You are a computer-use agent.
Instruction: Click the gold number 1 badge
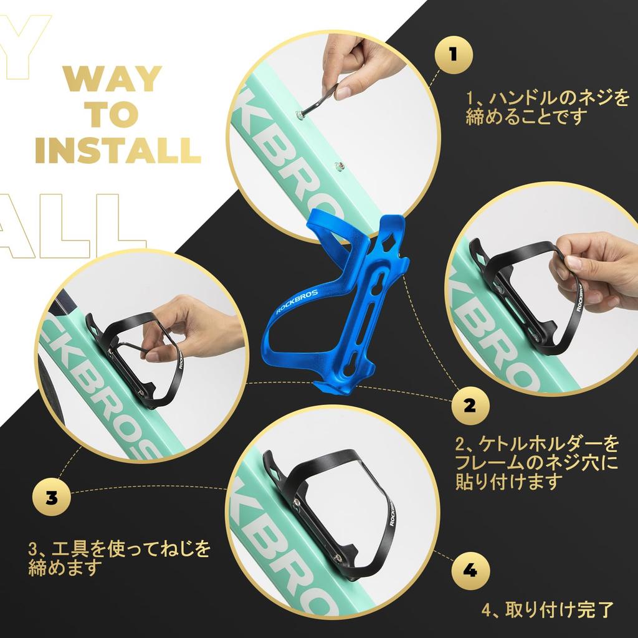point(454,55)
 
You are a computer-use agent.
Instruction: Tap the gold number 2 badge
point(470,405)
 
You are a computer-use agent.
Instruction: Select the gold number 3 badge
point(52,497)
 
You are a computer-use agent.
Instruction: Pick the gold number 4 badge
point(470,570)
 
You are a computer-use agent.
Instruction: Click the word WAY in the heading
point(113,79)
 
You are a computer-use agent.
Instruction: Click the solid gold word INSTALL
point(118,151)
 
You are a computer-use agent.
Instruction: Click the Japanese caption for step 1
point(547,108)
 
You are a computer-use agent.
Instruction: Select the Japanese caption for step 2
point(536,463)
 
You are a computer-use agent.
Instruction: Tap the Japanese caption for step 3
point(119,558)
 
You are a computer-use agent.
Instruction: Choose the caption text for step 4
point(547,609)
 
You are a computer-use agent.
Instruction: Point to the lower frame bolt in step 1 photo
point(338,166)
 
